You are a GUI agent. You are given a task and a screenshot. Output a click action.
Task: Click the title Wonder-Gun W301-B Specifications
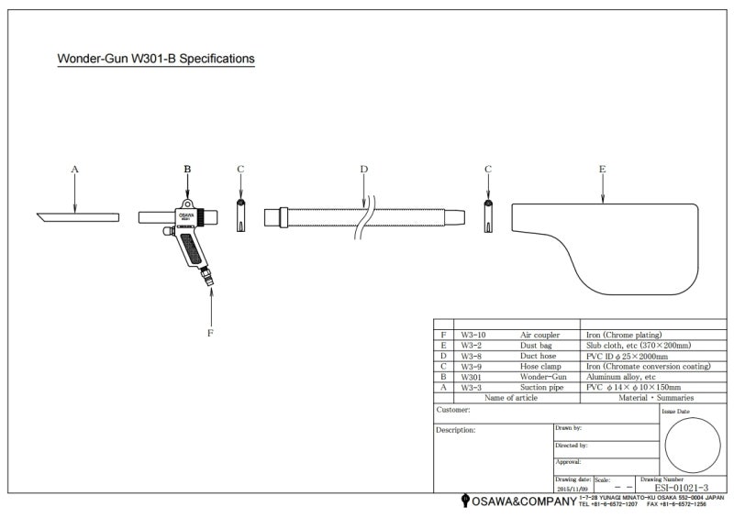pos(156,59)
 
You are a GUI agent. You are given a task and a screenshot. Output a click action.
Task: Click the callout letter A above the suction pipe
pos(75,169)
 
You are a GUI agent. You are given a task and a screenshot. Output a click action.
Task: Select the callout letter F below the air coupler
pos(210,333)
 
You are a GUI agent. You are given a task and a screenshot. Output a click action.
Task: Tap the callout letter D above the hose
pos(363,169)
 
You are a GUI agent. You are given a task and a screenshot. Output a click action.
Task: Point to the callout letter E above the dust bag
pos(602,169)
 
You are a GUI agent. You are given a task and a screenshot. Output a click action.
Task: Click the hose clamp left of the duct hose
pos(240,216)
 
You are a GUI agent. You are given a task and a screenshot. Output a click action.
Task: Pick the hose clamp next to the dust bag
pos(488,216)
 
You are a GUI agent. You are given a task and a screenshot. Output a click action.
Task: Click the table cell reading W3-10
pos(473,336)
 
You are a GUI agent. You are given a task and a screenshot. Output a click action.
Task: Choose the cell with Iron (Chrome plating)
pos(624,336)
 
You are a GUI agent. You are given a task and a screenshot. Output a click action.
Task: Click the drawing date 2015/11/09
pos(573,488)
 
